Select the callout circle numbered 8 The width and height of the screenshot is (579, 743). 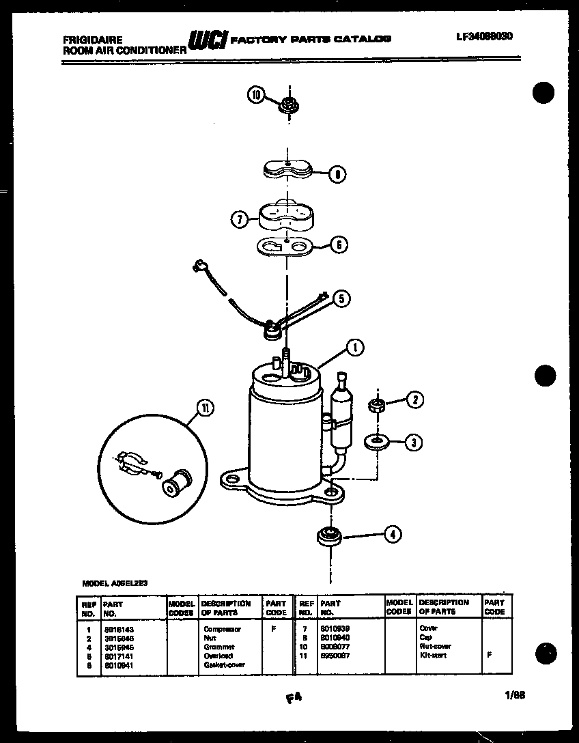click(x=337, y=174)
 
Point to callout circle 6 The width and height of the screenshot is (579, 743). click(x=339, y=244)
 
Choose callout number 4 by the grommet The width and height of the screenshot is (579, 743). click(x=392, y=535)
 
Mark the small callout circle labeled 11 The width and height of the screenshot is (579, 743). click(x=203, y=408)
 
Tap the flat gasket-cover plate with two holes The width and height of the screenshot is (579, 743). click(x=285, y=245)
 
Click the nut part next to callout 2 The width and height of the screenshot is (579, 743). click(x=376, y=406)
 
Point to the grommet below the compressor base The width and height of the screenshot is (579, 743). click(x=329, y=535)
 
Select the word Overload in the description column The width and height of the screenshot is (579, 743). click(x=218, y=656)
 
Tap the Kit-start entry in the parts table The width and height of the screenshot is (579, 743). click(x=432, y=655)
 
